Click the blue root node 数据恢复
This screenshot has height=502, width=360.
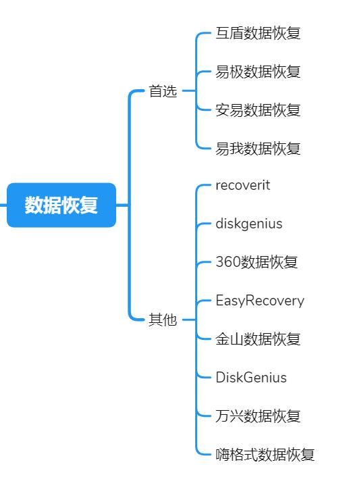61,205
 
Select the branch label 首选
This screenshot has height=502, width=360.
163,91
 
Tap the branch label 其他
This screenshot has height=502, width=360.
163,320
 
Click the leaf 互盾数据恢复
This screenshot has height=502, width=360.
258,33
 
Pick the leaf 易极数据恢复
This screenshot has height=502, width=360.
258,72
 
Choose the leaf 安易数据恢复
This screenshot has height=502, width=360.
258,110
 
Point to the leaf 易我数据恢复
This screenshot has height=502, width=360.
258,149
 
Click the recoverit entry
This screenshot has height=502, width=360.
243,185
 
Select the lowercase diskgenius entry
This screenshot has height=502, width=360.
249,224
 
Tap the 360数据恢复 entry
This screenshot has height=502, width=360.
257,262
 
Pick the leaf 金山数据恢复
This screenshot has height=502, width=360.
258,339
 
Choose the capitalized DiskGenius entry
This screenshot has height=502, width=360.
251,378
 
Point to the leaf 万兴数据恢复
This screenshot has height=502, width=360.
258,416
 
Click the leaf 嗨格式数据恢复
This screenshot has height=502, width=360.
265,454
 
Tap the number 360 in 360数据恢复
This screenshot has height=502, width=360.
228,262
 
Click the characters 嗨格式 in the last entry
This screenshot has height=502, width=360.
236,454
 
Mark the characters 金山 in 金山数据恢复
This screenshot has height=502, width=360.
230,339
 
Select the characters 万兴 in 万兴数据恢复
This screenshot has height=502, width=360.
230,416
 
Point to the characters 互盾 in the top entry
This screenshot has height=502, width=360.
230,33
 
